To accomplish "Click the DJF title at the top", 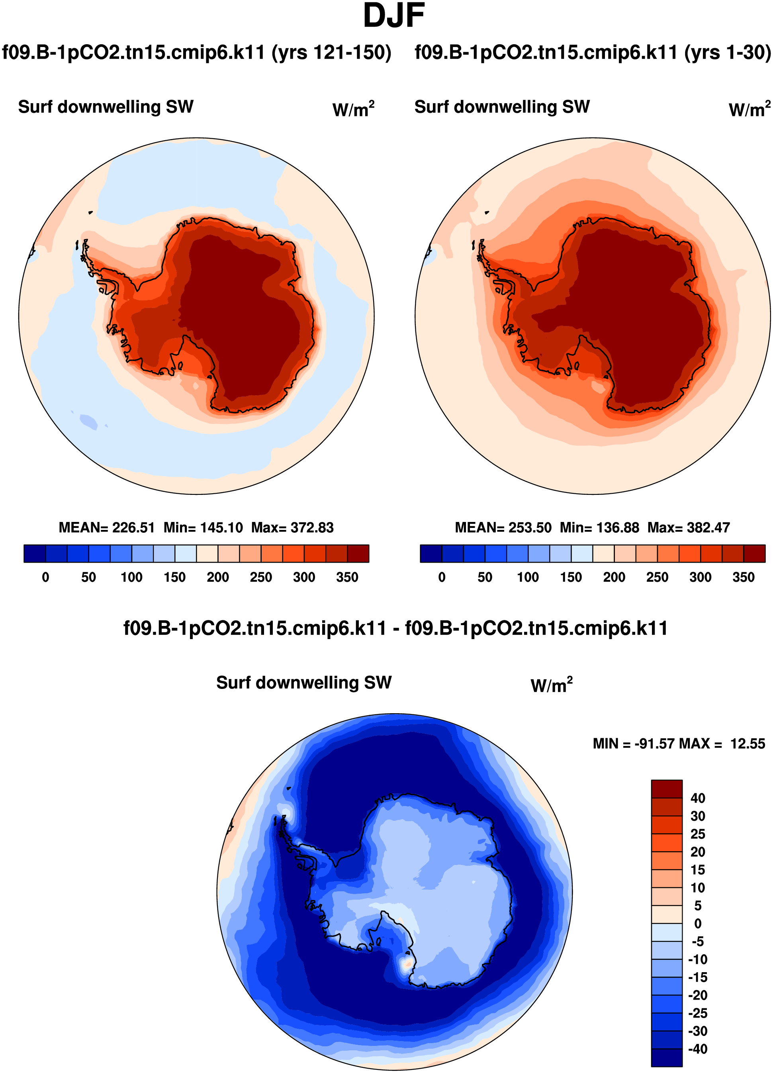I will pyautogui.click(x=393, y=16).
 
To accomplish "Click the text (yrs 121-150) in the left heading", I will pyautogui.click(x=331, y=52).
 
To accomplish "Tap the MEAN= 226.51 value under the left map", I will pyautogui.click(x=107, y=528).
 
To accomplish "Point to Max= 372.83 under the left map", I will pyautogui.click(x=292, y=528).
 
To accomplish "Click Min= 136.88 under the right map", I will pyautogui.click(x=599, y=528).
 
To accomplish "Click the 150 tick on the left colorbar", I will pyautogui.click(x=174, y=577).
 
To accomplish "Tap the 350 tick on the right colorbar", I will pyautogui.click(x=743, y=577).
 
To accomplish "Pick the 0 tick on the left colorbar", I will pyautogui.click(x=45, y=577).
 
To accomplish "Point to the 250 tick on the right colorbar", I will pyautogui.click(x=657, y=577).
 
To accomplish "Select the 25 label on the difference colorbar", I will pyautogui.click(x=697, y=834).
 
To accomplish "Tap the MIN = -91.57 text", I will pyautogui.click(x=634, y=744).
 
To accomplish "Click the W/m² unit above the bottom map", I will pyautogui.click(x=551, y=685).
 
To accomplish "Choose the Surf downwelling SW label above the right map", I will pyautogui.click(x=502, y=107).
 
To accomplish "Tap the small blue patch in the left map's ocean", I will pyautogui.click(x=88, y=421).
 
